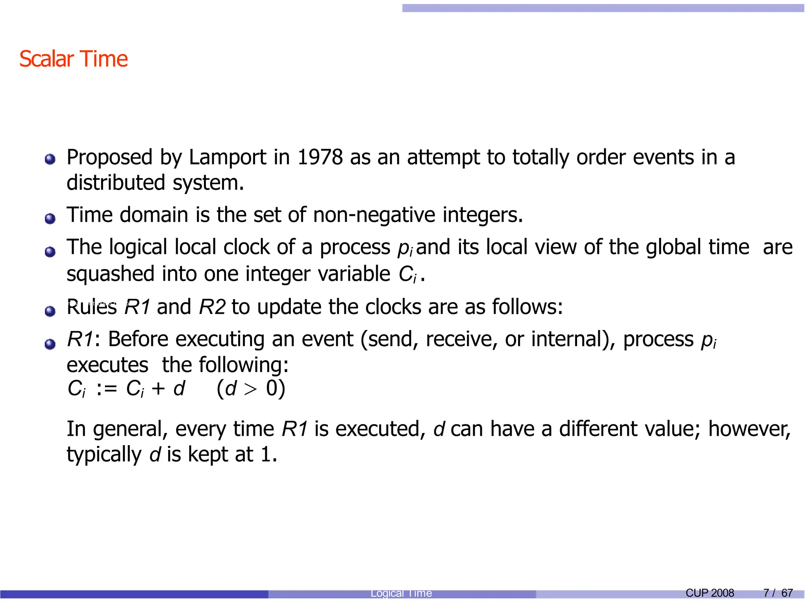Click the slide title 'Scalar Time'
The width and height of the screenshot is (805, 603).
[x=74, y=59]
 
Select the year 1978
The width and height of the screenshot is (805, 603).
[x=320, y=157]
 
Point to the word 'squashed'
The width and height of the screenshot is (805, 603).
[x=110, y=274]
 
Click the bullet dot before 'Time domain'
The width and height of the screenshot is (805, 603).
[x=50, y=218]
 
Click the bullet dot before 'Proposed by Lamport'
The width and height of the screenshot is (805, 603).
[x=50, y=159]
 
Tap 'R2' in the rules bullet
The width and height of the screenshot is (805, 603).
[x=212, y=307]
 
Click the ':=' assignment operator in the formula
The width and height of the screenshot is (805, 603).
[x=107, y=389]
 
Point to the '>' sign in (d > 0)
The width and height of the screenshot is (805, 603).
[x=250, y=389]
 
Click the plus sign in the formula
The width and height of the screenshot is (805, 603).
[x=158, y=389]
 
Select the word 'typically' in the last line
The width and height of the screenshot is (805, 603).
[x=104, y=455]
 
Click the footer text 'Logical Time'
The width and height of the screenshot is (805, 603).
[x=401, y=593]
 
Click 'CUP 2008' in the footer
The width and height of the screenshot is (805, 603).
[x=709, y=593]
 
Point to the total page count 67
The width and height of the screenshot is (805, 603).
[x=787, y=593]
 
